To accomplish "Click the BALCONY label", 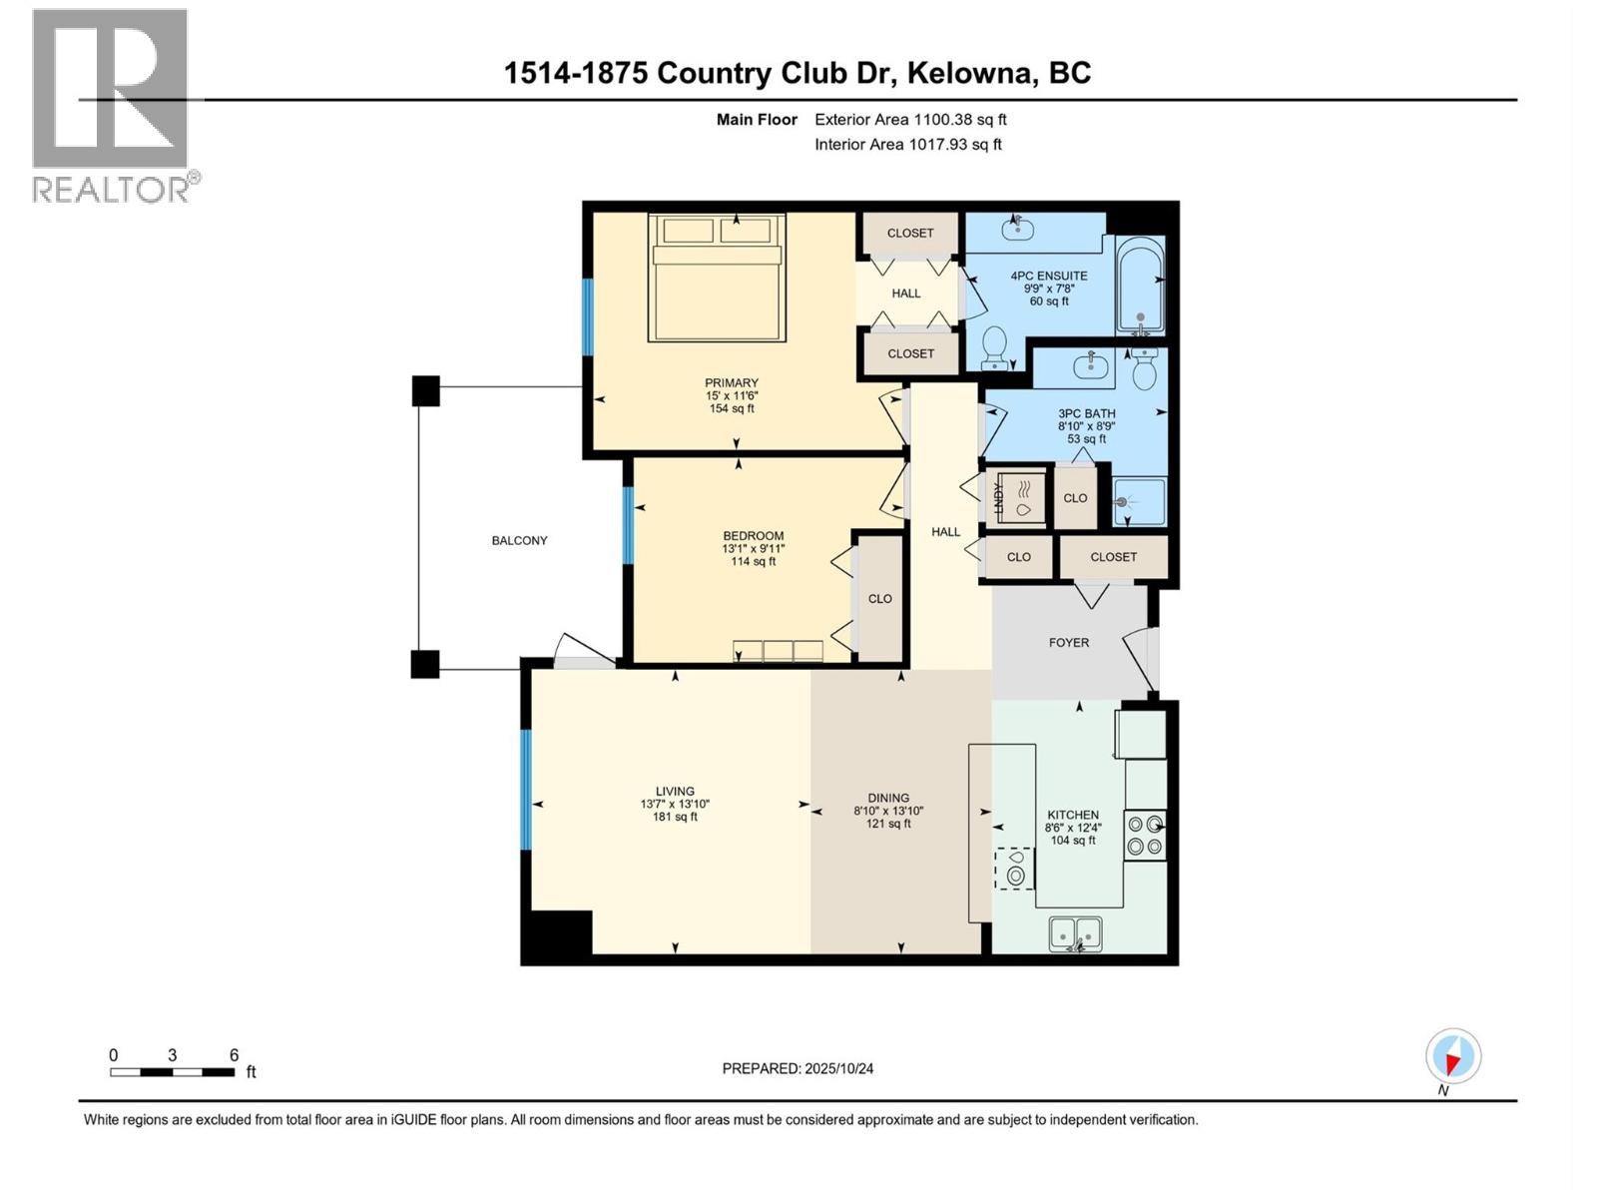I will (x=519, y=540).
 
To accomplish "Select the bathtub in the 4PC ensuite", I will (x=1140, y=286).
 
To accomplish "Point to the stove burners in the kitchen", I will (x=1145, y=835).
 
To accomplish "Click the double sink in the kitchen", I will (x=1075, y=934).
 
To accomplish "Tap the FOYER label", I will (x=1068, y=642).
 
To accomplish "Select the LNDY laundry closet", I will (x=1016, y=496).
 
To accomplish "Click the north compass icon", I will (x=1453, y=1056).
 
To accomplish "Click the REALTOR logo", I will (x=111, y=105).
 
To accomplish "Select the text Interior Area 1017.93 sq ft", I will (x=907, y=144).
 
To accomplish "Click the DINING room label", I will (x=887, y=798).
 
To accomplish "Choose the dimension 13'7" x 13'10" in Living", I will (x=675, y=804).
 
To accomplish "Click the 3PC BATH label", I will (x=1086, y=413).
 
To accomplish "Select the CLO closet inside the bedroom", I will (x=879, y=598).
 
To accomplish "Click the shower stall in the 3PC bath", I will (x=1139, y=502).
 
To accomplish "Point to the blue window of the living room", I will (x=526, y=791).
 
